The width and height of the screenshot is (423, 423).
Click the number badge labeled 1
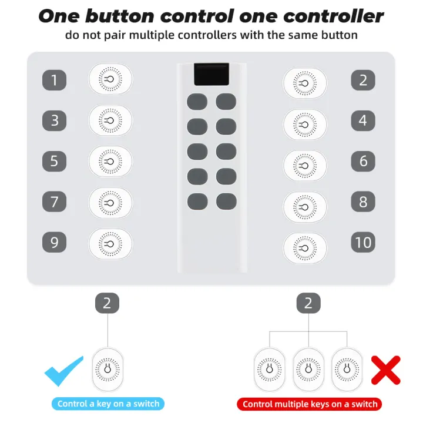click(55, 79)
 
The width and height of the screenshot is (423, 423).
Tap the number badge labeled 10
click(363, 242)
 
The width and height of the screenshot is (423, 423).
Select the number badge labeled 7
click(55, 202)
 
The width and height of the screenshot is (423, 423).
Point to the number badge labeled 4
click(363, 120)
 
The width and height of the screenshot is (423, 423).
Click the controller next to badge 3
click(110, 120)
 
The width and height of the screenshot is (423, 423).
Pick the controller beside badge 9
click(110, 243)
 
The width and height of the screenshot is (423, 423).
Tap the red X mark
click(386, 370)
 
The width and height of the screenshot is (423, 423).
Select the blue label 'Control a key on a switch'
click(108, 404)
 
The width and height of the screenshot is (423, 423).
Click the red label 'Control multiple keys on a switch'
click(310, 404)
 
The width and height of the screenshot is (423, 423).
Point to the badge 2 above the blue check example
click(107, 303)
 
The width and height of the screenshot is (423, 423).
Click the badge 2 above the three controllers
click(308, 303)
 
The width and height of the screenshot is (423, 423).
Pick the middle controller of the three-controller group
click(309, 370)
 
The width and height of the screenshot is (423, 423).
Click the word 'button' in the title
click(136, 16)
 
